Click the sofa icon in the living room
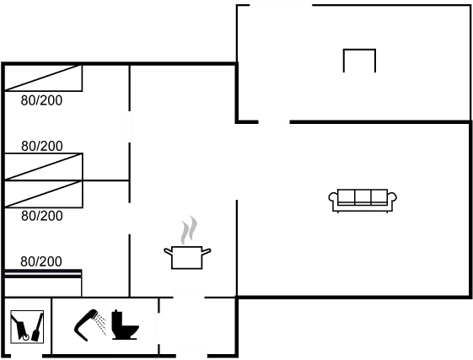click(363, 200)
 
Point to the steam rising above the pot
click(191, 229)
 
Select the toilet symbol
click(127, 327)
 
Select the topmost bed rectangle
click(44, 78)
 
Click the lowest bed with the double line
click(44, 272)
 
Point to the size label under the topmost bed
click(42, 100)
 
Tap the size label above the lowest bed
click(42, 261)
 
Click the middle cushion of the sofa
click(363, 197)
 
